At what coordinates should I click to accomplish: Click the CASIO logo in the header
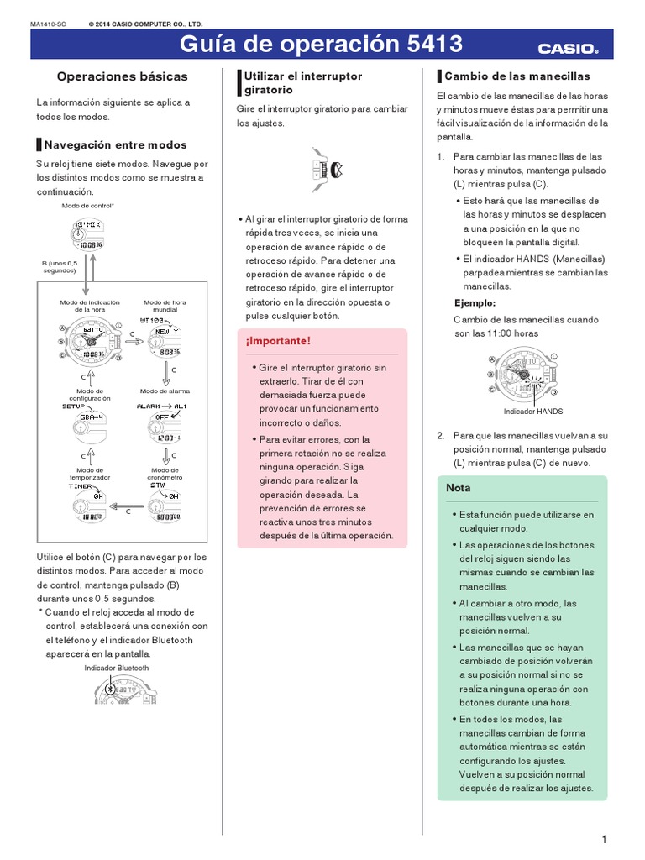[x=568, y=49]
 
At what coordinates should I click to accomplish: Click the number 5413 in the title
[x=428, y=45]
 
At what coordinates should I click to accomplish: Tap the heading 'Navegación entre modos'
[x=116, y=144]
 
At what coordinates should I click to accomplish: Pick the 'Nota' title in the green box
[x=459, y=487]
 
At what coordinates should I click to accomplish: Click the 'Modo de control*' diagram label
[x=88, y=206]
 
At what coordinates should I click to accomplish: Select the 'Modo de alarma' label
[x=165, y=391]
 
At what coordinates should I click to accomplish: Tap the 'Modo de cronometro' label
[x=165, y=474]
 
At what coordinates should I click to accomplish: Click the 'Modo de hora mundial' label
[x=165, y=306]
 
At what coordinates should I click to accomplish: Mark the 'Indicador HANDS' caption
[x=533, y=412]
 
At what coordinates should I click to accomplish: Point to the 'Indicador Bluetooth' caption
[x=117, y=668]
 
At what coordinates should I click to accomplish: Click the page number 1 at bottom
[x=604, y=840]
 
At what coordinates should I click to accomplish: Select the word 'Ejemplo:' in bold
[x=475, y=302]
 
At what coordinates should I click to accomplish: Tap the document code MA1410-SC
[x=48, y=24]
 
